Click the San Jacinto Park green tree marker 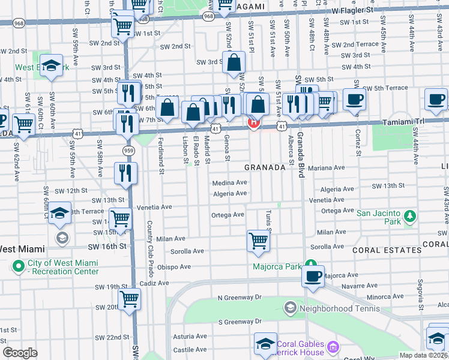[x=410, y=215]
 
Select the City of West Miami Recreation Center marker [x=18, y=265]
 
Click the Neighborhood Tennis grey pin [x=290, y=308]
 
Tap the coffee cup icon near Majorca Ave [x=313, y=277]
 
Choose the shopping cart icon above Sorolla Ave [x=258, y=241]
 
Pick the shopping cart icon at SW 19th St [x=129, y=298]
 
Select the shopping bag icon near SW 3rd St [x=233, y=62]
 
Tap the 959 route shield [x=129, y=150]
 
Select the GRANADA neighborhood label [x=264, y=168]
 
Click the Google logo [x=20, y=353]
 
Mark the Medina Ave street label [x=229, y=183]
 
